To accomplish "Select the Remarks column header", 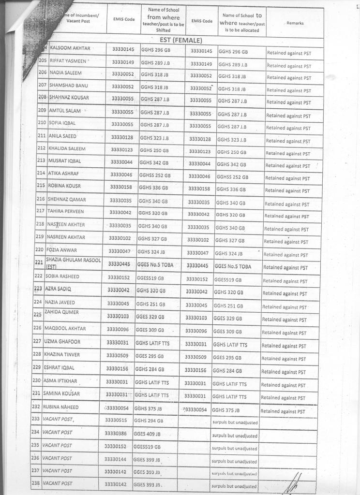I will pos(295,23).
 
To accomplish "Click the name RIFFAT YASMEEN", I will pos(69,61).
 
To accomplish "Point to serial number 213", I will pos(41,160).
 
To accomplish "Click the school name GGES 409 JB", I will pos(147,434).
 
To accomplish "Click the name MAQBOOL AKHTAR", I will pos(65,329).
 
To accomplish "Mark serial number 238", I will pos(35,483).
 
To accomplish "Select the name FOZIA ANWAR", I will pos(62,250).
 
